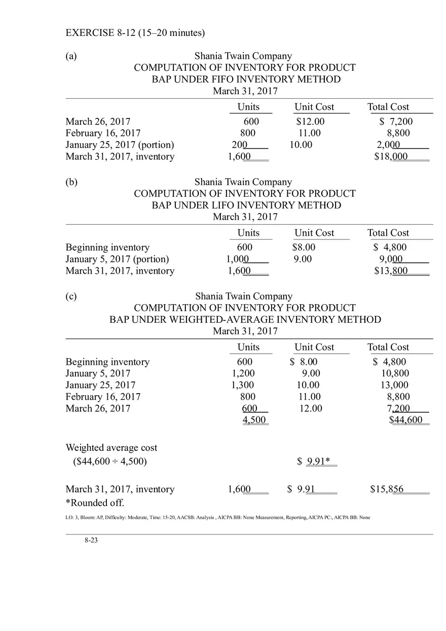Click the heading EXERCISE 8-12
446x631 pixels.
click(135, 33)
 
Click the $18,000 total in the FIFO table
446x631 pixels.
click(391, 156)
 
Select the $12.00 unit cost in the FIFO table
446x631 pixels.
click(310, 121)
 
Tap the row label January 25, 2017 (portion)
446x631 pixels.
click(120, 145)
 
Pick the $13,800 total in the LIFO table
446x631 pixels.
click(391, 271)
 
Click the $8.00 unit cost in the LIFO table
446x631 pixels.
click(304, 247)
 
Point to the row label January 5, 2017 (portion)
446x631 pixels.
click(117, 259)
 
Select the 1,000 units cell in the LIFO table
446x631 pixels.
click(237, 259)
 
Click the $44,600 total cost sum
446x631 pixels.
click(406, 420)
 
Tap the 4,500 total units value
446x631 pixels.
click(254, 420)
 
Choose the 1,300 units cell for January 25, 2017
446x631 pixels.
click(243, 385)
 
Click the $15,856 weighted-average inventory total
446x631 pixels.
click(387, 489)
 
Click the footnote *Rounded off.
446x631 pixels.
click(95, 503)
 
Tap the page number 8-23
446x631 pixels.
click(91, 540)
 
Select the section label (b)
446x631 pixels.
click(71, 182)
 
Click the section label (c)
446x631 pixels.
click(71, 297)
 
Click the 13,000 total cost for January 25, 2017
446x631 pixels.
click(394, 385)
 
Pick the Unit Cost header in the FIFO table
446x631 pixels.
click(314, 107)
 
